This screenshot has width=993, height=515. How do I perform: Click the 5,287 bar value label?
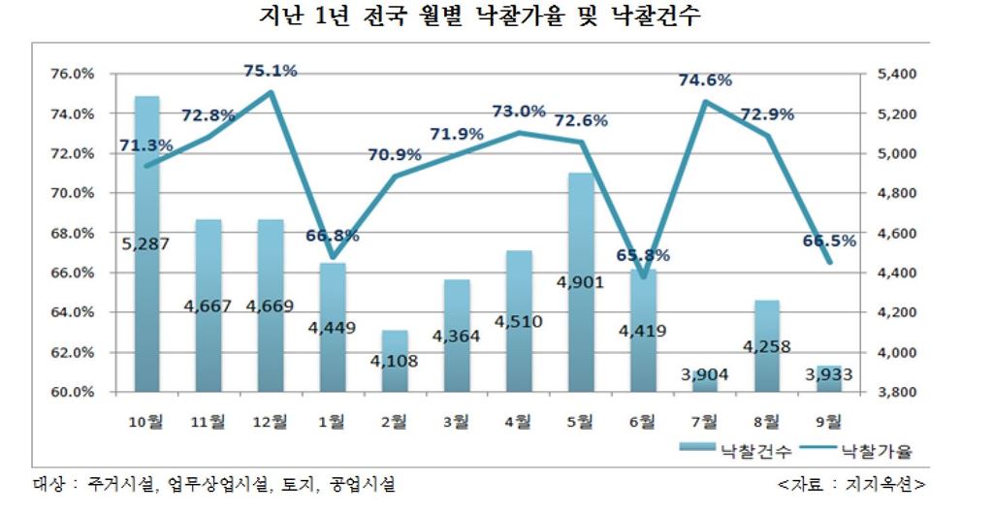point(145,243)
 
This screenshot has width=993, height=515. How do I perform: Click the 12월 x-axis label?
point(271,421)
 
